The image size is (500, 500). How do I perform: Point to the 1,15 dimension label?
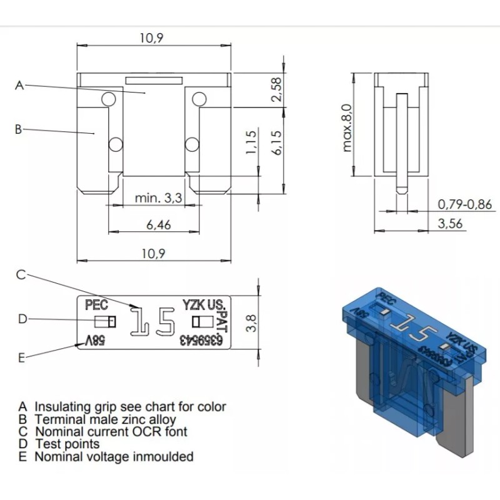(251, 142)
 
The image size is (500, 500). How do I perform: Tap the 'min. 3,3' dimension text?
(159, 199)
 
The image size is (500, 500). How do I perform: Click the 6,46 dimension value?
(159, 225)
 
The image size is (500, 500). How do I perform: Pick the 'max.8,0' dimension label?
(347, 128)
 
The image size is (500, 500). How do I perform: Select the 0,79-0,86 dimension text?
(464, 204)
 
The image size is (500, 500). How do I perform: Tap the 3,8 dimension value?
(251, 323)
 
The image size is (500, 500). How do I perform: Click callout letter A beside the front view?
(19, 86)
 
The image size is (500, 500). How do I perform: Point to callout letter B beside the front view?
(18, 129)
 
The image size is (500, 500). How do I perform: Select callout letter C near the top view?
(21, 274)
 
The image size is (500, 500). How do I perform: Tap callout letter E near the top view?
(21, 357)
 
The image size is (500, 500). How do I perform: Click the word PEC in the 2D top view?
(96, 305)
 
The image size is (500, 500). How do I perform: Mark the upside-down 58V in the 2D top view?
(94, 342)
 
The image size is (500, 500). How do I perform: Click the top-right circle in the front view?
(199, 99)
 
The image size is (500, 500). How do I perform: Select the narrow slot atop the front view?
(154, 80)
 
